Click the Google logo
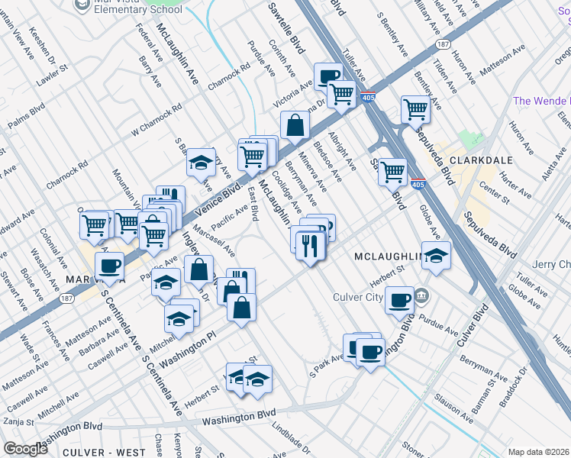(26, 448)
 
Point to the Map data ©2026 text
(539, 451)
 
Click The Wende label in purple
(541, 101)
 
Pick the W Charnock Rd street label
(156, 120)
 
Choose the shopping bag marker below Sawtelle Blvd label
(295, 124)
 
